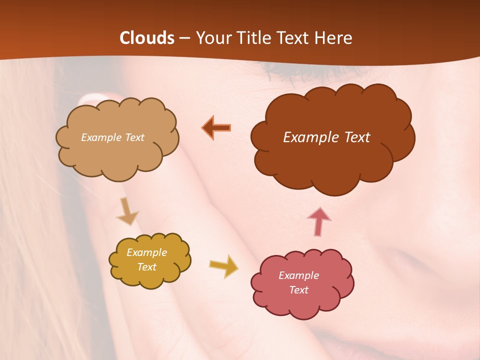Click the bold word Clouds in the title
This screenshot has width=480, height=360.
pos(147,38)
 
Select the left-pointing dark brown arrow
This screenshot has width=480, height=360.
pos(216,128)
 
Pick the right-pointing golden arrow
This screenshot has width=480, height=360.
pos(223,266)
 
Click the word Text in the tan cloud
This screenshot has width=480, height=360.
pos(134,137)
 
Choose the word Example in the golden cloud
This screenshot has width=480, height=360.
pos(147,252)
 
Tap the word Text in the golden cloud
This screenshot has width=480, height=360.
pos(147,267)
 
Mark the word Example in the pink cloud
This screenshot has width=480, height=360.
pos(298,275)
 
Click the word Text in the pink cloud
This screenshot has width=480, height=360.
pos(298,290)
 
